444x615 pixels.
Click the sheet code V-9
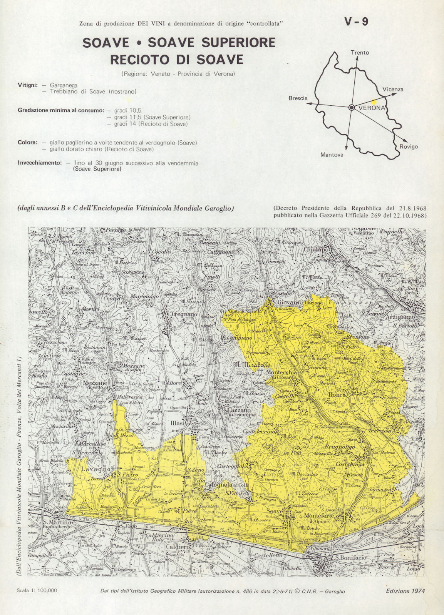[356, 22]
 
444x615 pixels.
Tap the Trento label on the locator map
[360, 53]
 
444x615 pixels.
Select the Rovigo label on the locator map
[408, 146]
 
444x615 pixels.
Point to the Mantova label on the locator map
[332, 155]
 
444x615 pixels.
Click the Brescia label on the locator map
[298, 98]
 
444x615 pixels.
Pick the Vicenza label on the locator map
[393, 89]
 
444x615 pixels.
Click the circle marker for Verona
[352, 108]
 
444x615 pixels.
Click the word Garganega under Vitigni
[63, 85]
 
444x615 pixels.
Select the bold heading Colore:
[28, 142]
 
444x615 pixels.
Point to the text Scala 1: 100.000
[37, 591]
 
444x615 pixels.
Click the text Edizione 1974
[405, 591]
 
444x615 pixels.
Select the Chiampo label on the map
[316, 249]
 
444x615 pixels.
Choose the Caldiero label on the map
[178, 547]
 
